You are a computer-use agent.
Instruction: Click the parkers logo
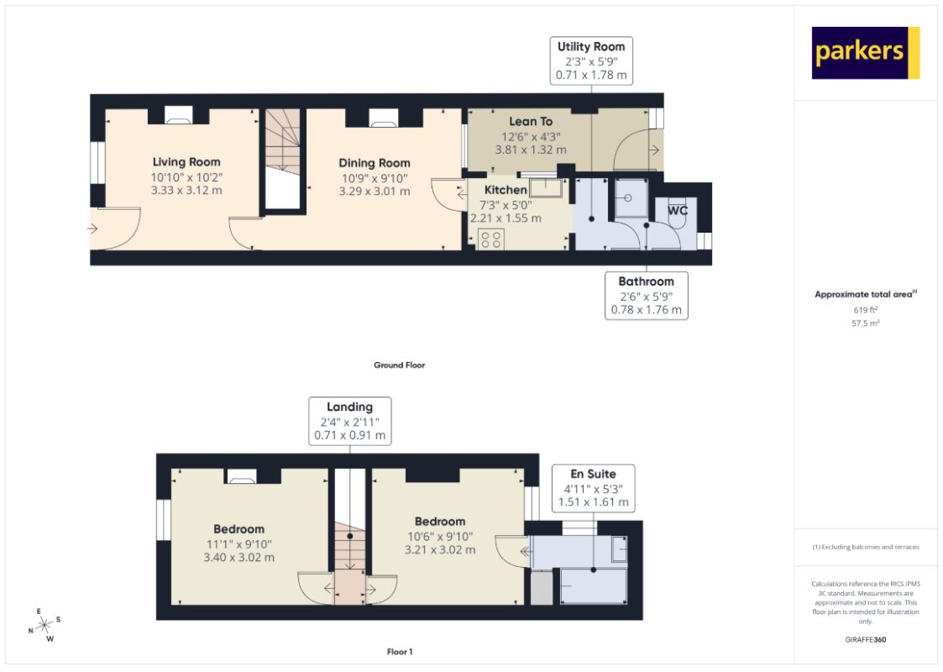[866, 53]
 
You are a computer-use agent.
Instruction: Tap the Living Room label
[186, 162]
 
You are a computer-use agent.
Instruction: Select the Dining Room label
[374, 163]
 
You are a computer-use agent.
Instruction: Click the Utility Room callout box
[591, 60]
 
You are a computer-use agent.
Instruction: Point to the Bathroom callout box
[647, 296]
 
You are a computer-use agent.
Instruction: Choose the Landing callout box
[350, 421]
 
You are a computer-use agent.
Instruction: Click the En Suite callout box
[593, 488]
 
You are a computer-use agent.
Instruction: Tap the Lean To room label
[531, 122]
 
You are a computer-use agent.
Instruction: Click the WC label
[678, 211]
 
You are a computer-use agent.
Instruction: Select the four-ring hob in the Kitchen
[491, 239]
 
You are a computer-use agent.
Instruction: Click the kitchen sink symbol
[546, 187]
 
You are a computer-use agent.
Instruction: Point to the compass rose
[45, 625]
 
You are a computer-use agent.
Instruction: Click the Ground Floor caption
[400, 365]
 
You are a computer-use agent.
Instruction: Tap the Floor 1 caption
[400, 652]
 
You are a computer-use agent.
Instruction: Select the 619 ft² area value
[866, 310]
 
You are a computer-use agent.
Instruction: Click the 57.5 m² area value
[866, 323]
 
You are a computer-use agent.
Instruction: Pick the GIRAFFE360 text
[866, 639]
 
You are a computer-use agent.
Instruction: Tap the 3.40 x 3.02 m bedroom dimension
[238, 558]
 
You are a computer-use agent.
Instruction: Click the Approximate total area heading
[866, 294]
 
